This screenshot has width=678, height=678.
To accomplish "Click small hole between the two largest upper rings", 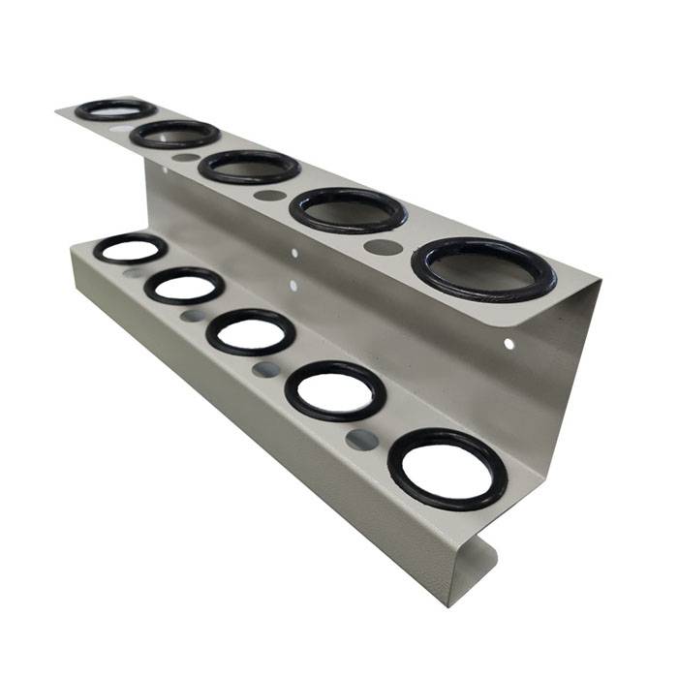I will [x=383, y=247].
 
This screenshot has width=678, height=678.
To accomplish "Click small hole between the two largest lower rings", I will [x=362, y=440].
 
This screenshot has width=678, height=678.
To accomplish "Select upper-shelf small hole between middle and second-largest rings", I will [x=270, y=195].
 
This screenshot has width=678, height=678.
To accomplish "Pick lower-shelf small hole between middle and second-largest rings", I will [x=265, y=369].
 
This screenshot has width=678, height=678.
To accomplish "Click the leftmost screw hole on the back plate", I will [x=164, y=170].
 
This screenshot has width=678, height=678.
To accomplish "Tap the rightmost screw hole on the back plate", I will [x=508, y=343].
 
